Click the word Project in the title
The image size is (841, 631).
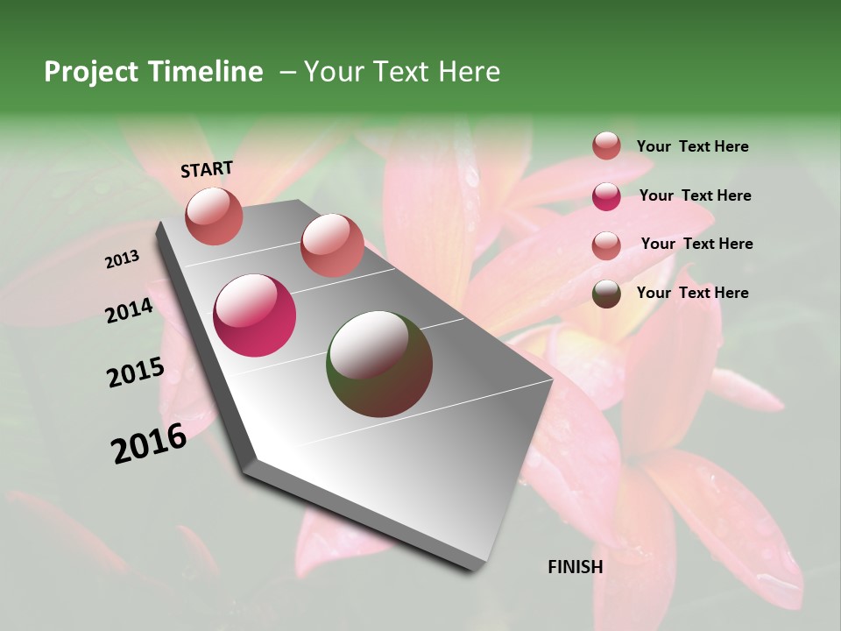tap(92, 72)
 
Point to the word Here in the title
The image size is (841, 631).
tap(469, 72)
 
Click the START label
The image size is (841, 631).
tap(207, 169)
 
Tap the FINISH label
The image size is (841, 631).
tap(575, 567)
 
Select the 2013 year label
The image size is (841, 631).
tap(122, 259)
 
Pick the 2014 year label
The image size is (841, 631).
tap(129, 311)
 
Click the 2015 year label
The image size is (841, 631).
tap(136, 372)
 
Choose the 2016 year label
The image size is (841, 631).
tap(149, 443)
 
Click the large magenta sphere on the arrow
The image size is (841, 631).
tap(255, 315)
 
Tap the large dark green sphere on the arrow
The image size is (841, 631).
tap(379, 364)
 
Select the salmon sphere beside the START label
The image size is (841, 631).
tap(214, 216)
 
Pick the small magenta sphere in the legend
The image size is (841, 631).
tap(606, 196)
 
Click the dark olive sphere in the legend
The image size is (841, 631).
tap(606, 294)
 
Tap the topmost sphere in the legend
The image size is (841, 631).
tap(606, 145)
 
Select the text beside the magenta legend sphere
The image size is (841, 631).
tap(695, 195)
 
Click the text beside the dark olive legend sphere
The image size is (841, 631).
tap(692, 293)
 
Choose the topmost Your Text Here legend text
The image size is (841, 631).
tap(692, 146)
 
